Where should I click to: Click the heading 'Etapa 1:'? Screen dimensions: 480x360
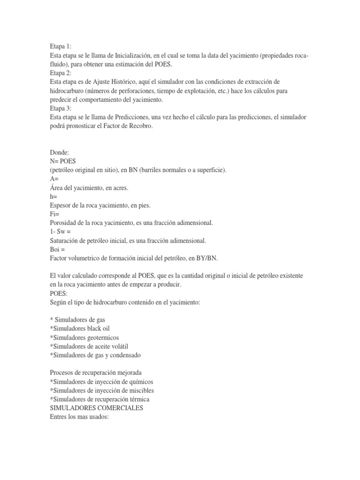coord(60,46)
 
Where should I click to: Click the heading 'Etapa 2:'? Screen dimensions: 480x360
coord(60,73)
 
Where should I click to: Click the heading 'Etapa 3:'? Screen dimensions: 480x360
coord(60,109)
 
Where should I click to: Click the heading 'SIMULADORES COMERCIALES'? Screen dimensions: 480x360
coord(97,408)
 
